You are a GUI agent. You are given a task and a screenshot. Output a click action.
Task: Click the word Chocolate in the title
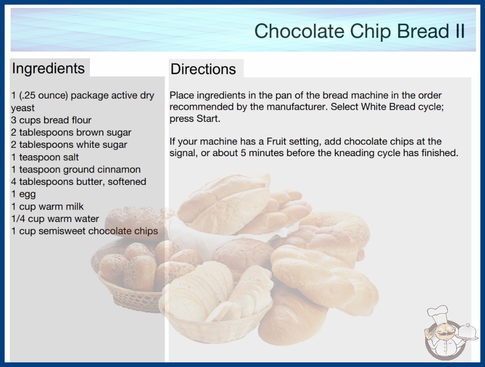(299, 31)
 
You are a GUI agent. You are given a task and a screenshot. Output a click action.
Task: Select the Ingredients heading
(48, 69)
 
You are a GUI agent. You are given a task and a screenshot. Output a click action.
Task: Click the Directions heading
(203, 69)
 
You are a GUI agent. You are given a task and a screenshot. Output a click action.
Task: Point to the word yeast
(23, 108)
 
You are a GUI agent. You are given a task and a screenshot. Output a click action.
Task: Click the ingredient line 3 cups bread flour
(51, 120)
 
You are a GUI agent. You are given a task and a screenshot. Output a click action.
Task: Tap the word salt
(70, 157)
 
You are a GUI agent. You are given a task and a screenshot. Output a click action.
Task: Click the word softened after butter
(127, 182)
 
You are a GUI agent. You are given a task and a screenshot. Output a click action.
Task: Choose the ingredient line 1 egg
(24, 194)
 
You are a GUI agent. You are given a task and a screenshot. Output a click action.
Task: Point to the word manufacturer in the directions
(296, 107)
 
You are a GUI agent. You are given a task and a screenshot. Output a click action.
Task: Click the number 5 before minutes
(243, 153)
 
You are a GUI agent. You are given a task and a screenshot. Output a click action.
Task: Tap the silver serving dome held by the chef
(467, 331)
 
